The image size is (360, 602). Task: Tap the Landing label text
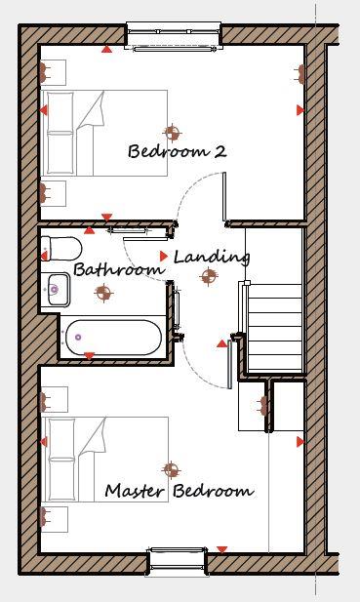pyautogui.click(x=212, y=258)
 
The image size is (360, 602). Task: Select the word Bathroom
pyautogui.click(x=118, y=269)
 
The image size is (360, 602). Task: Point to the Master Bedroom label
pyautogui.click(x=180, y=491)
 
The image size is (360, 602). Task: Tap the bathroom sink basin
pyautogui.click(x=55, y=289)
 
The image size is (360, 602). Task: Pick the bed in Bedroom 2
pyautogui.click(x=102, y=133)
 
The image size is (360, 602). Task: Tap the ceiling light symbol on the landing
pyautogui.click(x=207, y=277)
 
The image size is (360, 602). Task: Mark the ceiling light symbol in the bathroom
pyautogui.click(x=106, y=290)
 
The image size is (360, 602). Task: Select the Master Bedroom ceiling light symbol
pyautogui.click(x=172, y=470)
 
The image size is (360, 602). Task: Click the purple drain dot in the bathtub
pyautogui.click(x=77, y=338)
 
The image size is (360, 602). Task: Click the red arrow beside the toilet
pyautogui.click(x=44, y=256)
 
